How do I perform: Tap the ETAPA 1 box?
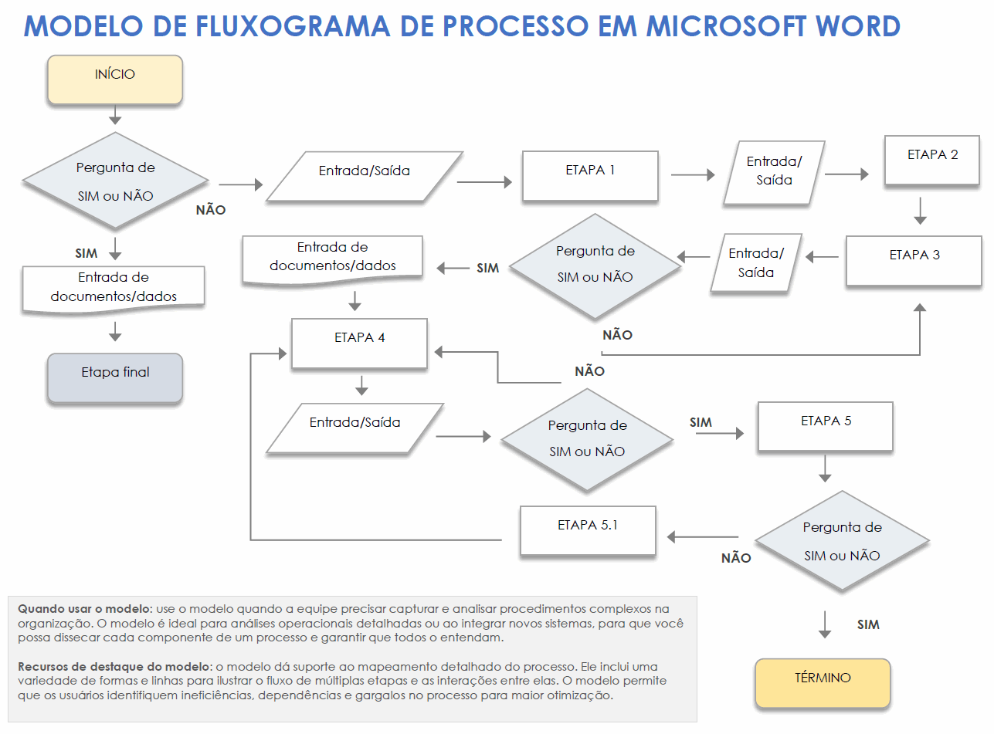590,176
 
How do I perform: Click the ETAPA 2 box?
932,161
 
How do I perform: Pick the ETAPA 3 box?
914,261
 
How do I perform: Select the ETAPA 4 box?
359,343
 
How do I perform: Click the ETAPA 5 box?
826,426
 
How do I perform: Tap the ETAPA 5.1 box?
588,530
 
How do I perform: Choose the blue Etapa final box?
115,378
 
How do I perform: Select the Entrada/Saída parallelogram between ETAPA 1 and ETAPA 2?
774,171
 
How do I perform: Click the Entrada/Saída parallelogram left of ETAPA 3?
756,262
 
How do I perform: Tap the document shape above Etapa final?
114,288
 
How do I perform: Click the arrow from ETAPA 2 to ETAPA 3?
919,210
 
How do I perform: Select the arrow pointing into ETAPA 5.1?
702,537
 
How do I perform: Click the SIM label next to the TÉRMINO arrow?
868,624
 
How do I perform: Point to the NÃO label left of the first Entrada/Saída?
211,210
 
